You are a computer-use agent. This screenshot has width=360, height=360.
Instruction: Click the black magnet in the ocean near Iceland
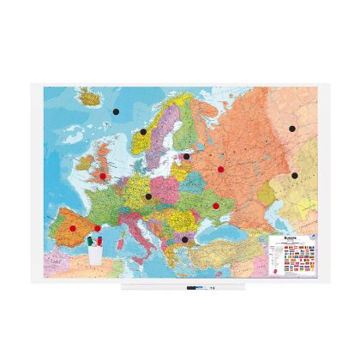point(115,111)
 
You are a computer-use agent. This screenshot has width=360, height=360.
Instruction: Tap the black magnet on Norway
point(143,132)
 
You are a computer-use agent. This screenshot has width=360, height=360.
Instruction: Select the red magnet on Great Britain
point(103,177)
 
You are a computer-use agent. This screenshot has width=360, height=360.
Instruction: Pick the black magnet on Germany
point(148,196)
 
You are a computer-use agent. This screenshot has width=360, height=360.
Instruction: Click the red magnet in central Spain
point(73,228)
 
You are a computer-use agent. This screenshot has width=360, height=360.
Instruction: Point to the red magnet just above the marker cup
point(97,228)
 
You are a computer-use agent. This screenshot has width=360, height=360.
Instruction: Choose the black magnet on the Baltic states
point(186,156)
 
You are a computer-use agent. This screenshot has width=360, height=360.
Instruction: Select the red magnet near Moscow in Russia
point(220,170)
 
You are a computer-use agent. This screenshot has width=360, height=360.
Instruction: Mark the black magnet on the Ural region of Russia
point(292,129)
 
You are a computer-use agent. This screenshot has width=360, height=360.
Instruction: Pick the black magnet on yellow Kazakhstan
point(294,175)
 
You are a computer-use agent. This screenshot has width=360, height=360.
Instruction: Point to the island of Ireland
point(86,177)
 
